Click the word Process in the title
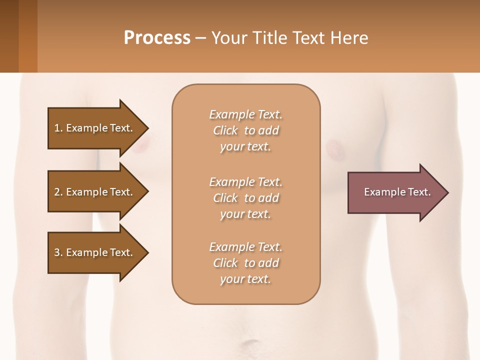pyautogui.click(x=157, y=38)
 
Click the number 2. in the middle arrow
pyautogui.click(x=58, y=192)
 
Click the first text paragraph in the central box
pyautogui.click(x=245, y=130)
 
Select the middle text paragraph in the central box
pyautogui.click(x=245, y=198)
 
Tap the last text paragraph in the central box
pyautogui.click(x=245, y=263)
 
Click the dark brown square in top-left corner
pyautogui.click(x=9, y=36)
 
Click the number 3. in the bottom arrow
pyautogui.click(x=58, y=252)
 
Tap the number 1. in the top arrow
pyautogui.click(x=58, y=128)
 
